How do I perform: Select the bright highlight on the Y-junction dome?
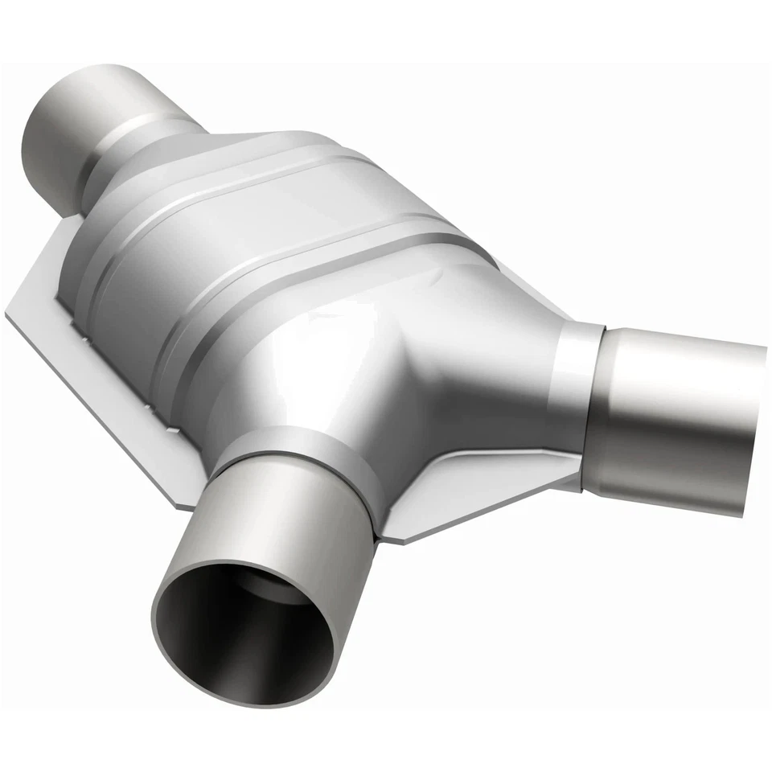coord(322,338)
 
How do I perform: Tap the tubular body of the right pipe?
coord(675,410)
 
